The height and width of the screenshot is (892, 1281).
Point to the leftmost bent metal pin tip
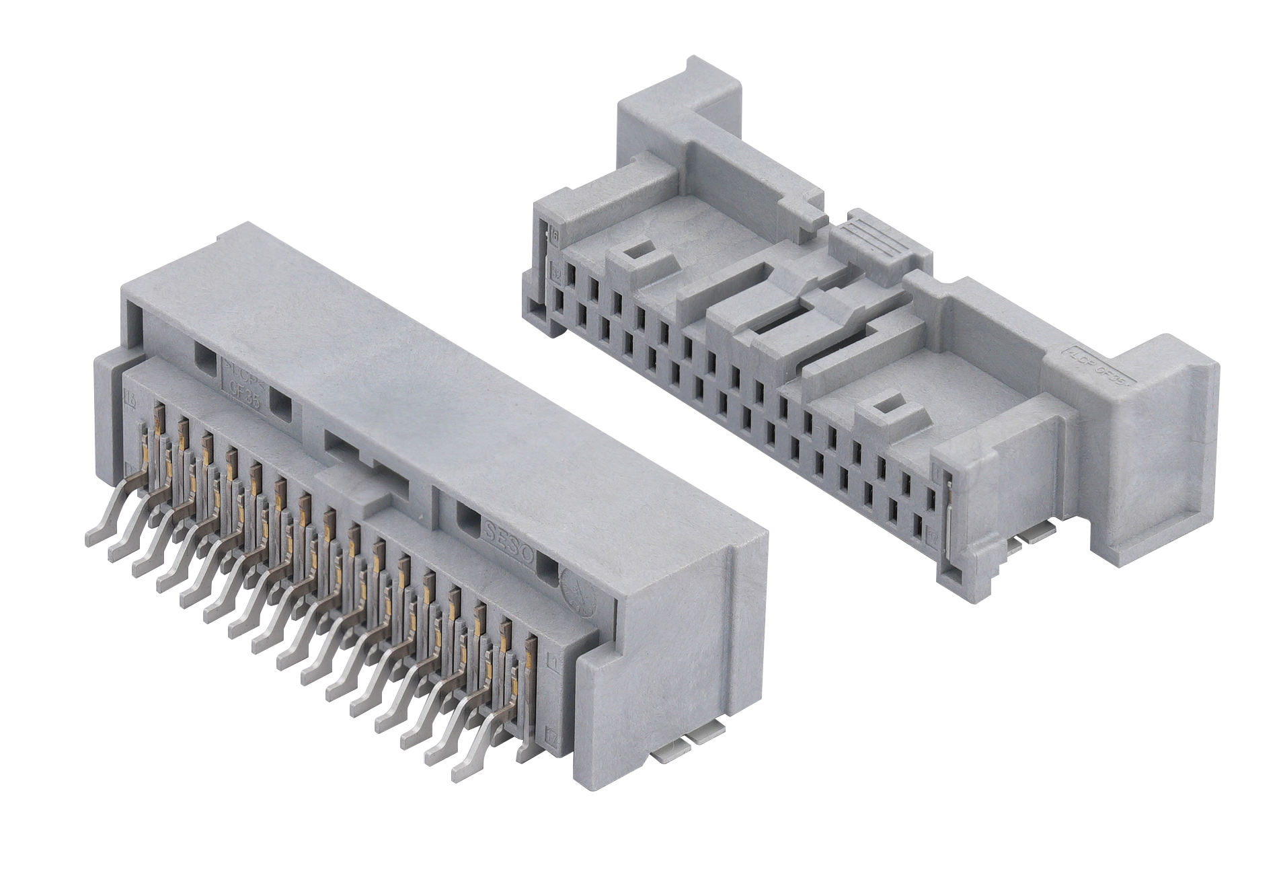click(x=93, y=537)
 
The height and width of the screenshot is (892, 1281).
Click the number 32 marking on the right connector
click(x=556, y=274)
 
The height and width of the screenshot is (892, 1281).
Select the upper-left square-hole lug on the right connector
click(x=635, y=256)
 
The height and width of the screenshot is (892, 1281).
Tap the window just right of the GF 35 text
click(x=281, y=404)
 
